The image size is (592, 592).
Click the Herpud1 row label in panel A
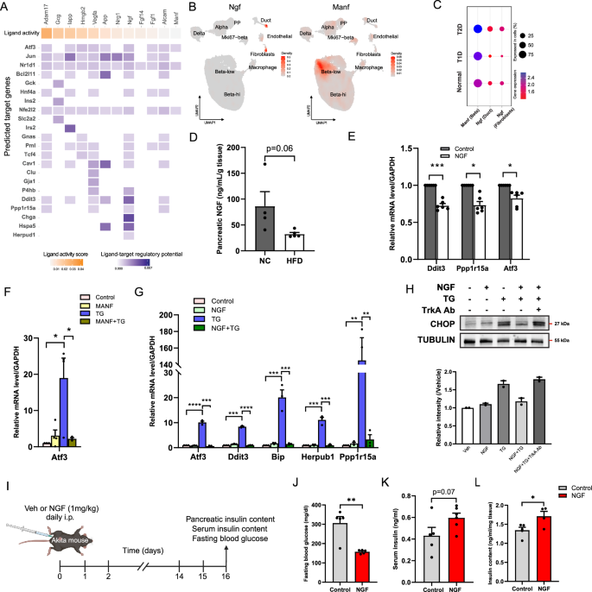23,212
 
